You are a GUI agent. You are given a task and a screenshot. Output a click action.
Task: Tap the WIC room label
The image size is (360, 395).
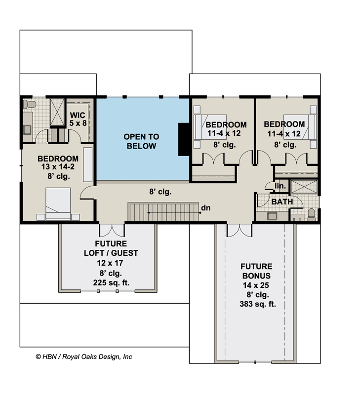78,118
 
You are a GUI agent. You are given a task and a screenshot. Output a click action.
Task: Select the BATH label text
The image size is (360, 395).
282,201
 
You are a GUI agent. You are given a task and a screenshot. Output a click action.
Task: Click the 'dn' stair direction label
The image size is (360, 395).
205,208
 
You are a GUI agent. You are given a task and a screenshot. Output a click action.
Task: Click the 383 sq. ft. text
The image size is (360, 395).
256,304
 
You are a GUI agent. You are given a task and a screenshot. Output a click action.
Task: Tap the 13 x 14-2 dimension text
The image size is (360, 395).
58,167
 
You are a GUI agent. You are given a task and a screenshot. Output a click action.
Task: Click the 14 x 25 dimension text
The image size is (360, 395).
256,285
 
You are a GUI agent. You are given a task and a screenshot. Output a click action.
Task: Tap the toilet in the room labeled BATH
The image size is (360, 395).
311,214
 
